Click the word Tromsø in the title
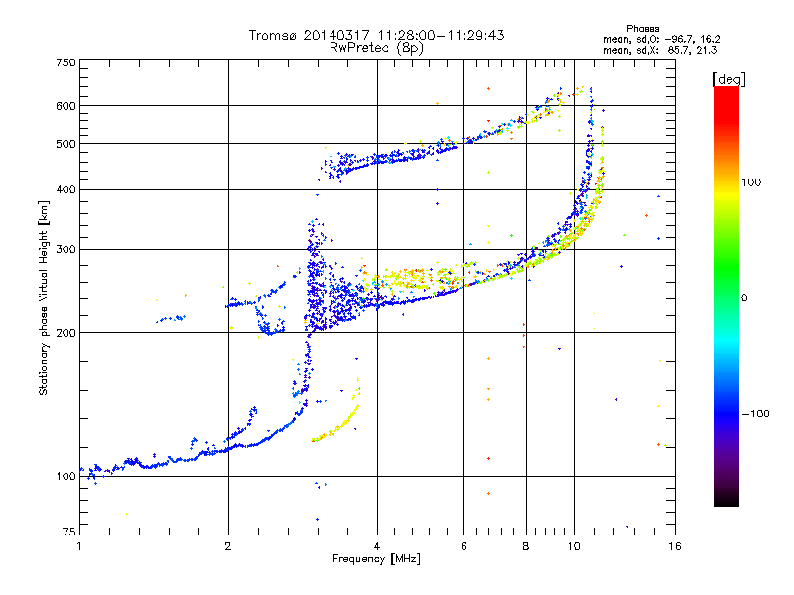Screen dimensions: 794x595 274,35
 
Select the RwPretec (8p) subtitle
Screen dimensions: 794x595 376,48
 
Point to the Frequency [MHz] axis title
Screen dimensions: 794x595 376,559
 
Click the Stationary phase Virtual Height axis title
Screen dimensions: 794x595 44,298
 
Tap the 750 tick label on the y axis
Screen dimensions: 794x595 66,62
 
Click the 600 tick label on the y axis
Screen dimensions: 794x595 66,106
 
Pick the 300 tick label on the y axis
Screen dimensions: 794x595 66,250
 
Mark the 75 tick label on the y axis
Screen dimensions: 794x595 69,532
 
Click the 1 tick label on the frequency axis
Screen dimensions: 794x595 79,546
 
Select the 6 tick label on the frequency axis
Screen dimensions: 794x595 463,546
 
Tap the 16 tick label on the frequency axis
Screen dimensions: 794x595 675,546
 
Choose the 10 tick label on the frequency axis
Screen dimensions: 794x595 574,546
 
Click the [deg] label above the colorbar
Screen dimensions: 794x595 728,80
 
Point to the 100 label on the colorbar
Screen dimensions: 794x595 751,182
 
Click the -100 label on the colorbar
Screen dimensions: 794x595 755,414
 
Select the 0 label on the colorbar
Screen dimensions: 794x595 744,298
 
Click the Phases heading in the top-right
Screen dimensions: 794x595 642,29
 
